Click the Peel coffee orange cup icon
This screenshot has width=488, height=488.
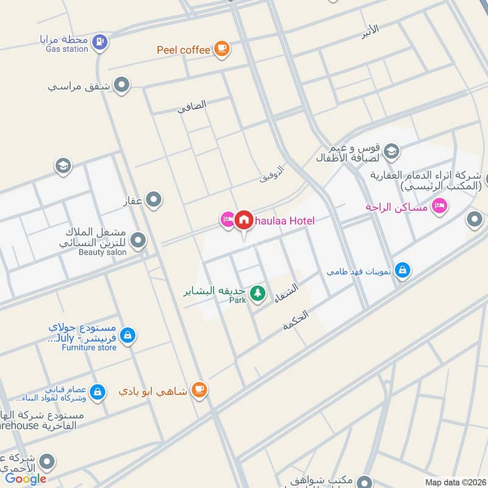(221, 49)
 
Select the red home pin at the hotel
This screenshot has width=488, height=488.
(244, 220)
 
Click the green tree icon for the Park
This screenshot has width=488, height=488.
(258, 293)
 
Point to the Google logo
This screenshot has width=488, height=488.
(26, 479)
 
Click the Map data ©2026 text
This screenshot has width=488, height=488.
(456, 482)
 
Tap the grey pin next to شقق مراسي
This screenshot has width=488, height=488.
(122, 85)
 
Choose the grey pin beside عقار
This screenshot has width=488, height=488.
(154, 199)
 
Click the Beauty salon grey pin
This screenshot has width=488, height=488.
(138, 241)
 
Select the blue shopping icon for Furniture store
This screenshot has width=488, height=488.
(127, 335)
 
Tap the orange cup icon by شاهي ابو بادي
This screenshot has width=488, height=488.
(198, 389)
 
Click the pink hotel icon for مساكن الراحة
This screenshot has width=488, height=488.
(438, 207)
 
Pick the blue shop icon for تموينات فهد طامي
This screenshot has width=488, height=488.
(402, 270)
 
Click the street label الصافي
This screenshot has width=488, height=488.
(192, 107)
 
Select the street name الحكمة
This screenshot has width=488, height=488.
(296, 320)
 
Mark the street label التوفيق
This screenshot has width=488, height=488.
(272, 174)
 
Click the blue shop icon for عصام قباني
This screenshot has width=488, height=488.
(97, 392)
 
